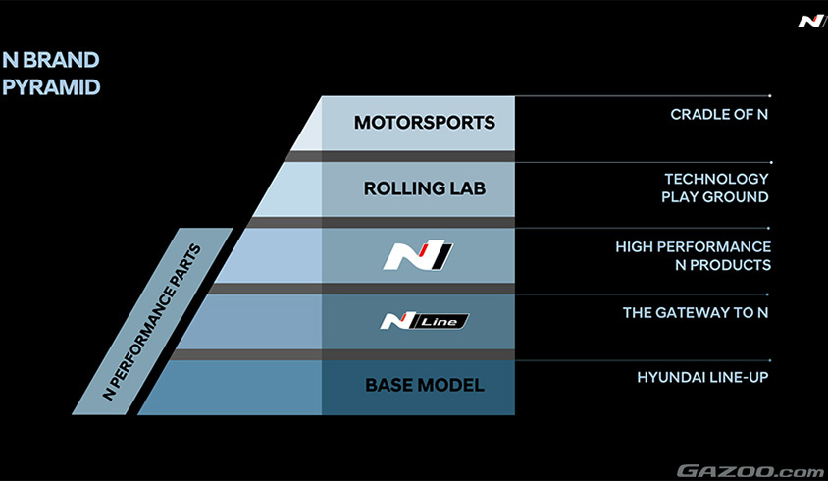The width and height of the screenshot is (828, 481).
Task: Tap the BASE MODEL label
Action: pyautogui.click(x=425, y=385)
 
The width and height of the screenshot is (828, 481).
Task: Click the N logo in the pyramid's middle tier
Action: pyautogui.click(x=418, y=256)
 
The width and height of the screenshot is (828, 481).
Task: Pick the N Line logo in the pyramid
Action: pyautogui.click(x=425, y=321)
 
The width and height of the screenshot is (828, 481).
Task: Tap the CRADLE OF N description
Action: pyautogui.click(x=718, y=115)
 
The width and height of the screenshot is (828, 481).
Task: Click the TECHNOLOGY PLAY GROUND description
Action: pyautogui.click(x=716, y=188)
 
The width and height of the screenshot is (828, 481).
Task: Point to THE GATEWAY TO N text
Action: pyautogui.click(x=696, y=313)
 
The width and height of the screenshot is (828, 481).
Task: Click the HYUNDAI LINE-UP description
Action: pyautogui.click(x=703, y=377)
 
